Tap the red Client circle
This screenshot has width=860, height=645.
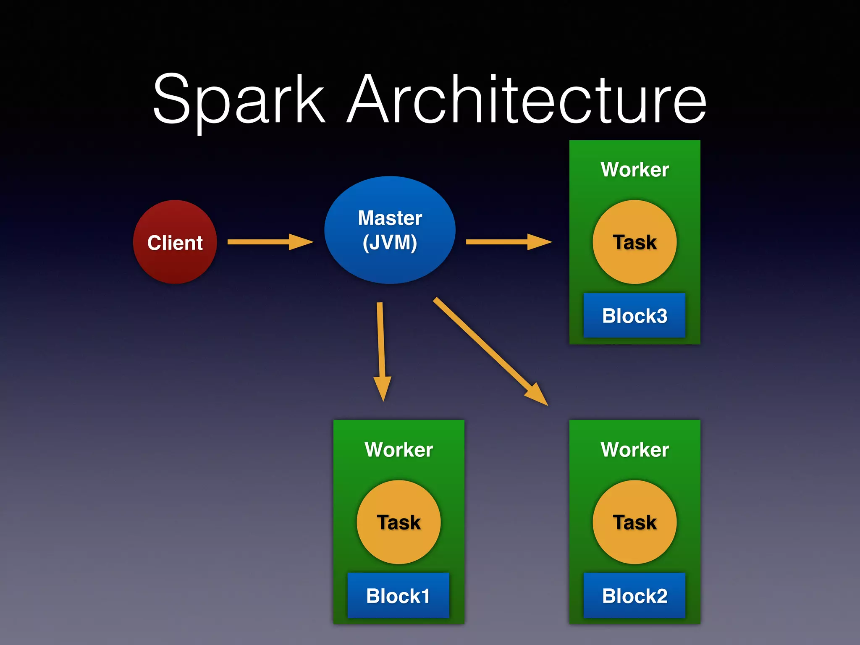[175, 242]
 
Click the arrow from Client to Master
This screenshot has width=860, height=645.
[269, 242]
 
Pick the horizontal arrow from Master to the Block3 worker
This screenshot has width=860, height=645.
[508, 242]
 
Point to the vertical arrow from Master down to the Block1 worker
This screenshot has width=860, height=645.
[381, 349]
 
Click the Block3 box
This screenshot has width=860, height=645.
[634, 316]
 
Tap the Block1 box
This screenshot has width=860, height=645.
[398, 595]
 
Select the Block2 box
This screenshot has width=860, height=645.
[634, 595]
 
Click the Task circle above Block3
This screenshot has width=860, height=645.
[635, 242]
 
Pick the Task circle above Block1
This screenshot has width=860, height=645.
[399, 522]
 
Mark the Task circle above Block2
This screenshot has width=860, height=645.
[635, 522]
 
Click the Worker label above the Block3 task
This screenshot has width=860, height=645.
[635, 170]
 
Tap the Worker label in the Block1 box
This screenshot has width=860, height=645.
[399, 450]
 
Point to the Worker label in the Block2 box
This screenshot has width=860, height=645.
[635, 450]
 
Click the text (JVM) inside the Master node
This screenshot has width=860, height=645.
[390, 243]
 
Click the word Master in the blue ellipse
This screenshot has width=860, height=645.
[390, 218]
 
